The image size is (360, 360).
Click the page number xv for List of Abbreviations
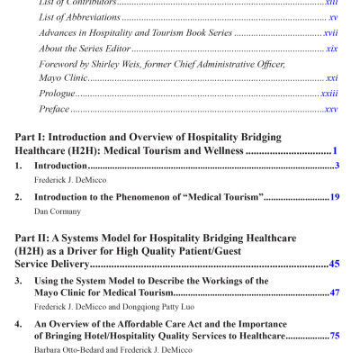[333, 16]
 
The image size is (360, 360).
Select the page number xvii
[330, 31]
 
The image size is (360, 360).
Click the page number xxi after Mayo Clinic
[331, 78]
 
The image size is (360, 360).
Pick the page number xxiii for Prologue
[329, 94]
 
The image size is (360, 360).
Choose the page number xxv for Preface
[330, 109]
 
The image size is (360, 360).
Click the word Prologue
[56, 94]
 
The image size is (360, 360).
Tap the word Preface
[54, 109]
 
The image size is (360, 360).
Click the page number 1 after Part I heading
[334, 151]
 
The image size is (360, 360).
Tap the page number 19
[334, 195]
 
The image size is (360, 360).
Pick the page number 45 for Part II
[334, 265]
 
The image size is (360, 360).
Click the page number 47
[334, 292]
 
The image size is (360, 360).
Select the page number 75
[334, 335]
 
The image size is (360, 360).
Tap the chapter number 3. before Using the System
[19, 281]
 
